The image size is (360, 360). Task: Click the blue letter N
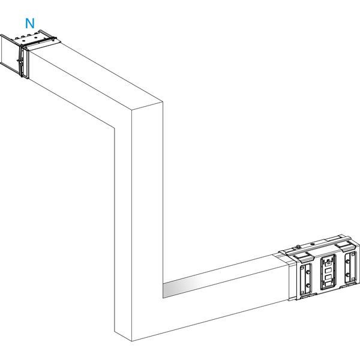[x=30, y=23]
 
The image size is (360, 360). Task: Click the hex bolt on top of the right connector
[x=298, y=247]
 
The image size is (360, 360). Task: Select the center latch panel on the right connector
[x=328, y=272]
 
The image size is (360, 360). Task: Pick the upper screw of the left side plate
[x=308, y=272]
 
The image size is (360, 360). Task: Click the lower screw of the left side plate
[x=308, y=286]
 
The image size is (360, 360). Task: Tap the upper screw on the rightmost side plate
[x=348, y=261]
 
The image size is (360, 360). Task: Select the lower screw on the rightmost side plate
[x=348, y=275]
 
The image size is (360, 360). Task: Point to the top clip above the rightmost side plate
[x=346, y=248]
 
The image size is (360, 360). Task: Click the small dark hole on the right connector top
[x=312, y=244]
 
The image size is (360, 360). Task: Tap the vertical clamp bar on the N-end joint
[x=22, y=62]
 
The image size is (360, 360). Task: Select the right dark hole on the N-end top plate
[x=35, y=37]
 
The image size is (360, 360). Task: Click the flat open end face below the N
[x=10, y=54]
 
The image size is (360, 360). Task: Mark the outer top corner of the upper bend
[x=163, y=101]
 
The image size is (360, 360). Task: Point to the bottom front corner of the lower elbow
[x=132, y=341]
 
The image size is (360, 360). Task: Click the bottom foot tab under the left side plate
[x=309, y=295]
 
